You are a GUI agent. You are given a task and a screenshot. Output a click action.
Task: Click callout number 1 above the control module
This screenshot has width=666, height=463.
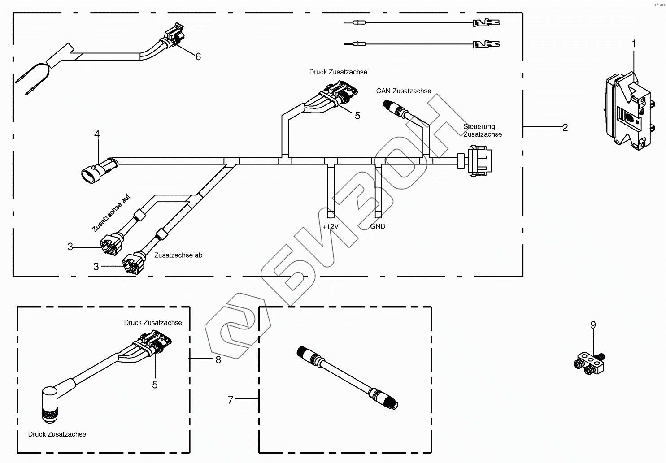click(x=634, y=43)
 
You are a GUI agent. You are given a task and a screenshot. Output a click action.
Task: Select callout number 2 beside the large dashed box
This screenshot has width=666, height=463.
click(x=565, y=128)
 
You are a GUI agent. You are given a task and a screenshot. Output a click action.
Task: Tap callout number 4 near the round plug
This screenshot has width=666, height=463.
click(x=97, y=134)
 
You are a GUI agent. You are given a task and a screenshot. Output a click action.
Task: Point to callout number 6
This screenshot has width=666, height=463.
click(x=198, y=56)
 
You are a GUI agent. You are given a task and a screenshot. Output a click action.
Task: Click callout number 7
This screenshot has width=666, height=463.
click(x=231, y=400)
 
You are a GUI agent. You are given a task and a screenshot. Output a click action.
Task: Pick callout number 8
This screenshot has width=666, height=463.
click(x=218, y=359)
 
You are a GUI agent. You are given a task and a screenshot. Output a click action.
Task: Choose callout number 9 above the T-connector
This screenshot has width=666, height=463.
click(x=593, y=325)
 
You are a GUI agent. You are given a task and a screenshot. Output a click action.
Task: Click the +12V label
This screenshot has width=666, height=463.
click(x=331, y=226)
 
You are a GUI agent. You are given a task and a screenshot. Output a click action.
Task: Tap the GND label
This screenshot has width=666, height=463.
click(x=378, y=226)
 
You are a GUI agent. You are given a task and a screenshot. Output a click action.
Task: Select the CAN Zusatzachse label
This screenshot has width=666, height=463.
click(x=404, y=91)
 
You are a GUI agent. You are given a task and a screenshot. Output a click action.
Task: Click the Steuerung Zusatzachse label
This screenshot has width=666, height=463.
click(x=482, y=130)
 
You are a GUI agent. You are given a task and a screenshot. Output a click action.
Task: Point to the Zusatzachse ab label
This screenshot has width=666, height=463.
click(x=178, y=255)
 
